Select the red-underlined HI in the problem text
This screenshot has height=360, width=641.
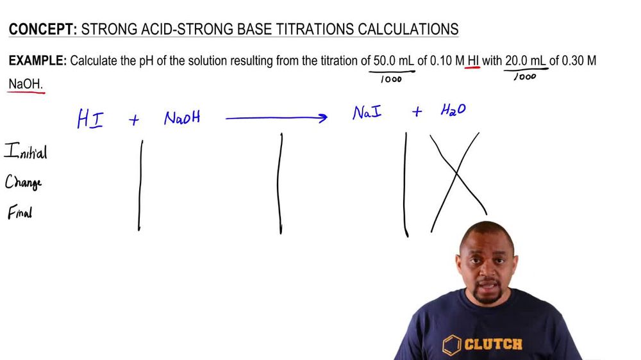click(x=473, y=61)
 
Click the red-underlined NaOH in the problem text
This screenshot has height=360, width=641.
click(x=25, y=84)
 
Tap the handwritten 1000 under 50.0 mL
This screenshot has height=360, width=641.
click(x=390, y=79)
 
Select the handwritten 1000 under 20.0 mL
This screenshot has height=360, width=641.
click(x=525, y=77)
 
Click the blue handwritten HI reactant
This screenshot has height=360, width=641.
click(x=90, y=119)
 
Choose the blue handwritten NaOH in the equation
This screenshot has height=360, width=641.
click(x=182, y=119)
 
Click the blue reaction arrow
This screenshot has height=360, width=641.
click(x=276, y=118)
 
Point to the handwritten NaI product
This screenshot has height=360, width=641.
click(x=367, y=113)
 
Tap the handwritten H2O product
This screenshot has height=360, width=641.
click(x=453, y=110)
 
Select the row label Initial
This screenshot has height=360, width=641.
click(x=26, y=152)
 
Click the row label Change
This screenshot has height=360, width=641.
click(x=24, y=183)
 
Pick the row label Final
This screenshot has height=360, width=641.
click(x=20, y=213)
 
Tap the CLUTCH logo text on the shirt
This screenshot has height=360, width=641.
click(x=493, y=345)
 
